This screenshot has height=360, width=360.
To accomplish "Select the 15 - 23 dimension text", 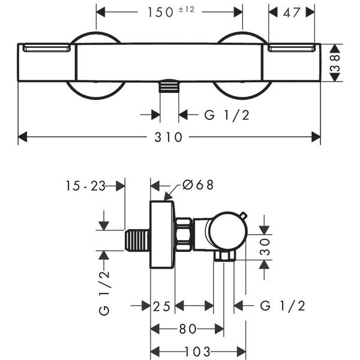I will [x=86, y=186].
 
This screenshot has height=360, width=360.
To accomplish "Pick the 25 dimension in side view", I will [x=162, y=306].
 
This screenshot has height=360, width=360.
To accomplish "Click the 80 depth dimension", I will [x=187, y=329].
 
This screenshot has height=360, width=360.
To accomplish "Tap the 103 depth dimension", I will [x=197, y=351].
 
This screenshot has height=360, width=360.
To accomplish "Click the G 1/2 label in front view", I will [x=227, y=115].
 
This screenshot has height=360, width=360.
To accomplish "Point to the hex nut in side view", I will [x=184, y=235].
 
